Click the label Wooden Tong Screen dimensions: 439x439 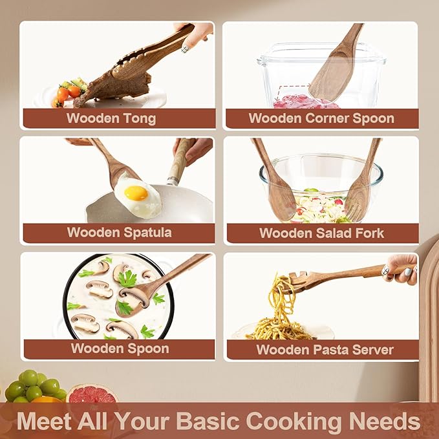[111, 118]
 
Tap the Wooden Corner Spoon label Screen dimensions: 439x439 [321, 118]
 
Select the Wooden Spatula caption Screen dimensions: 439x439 [120, 233]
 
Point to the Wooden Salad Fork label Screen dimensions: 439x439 [321, 233]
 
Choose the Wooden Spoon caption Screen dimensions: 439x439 [120, 348]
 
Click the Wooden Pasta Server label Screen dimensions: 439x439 [325, 349]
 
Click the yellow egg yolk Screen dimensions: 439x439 [136, 193]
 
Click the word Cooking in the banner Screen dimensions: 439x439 [290, 422]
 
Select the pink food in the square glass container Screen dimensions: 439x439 [305, 102]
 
